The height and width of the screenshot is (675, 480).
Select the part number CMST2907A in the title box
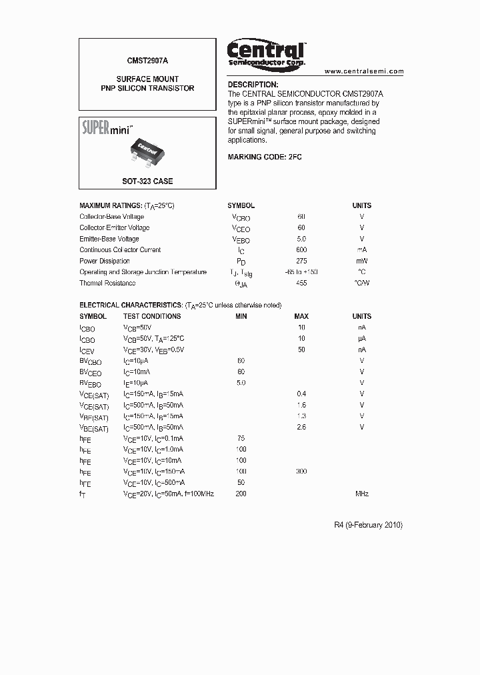coord(147,60)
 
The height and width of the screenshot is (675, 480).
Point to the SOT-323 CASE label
coord(147,181)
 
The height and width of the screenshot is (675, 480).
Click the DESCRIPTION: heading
coord(253,85)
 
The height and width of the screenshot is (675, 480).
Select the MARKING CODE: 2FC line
coord(265,156)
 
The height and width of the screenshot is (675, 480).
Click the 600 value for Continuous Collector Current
coord(301,249)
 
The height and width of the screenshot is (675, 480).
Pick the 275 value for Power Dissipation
coord(301,261)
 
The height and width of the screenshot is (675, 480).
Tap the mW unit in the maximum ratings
coord(361,261)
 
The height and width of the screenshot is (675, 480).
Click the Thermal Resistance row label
coord(107,283)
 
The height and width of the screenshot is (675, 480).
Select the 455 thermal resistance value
coord(301,283)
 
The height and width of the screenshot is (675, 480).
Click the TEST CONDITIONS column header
coord(152,316)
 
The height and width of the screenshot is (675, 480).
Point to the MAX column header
coord(301,316)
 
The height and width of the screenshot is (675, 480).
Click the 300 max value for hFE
coord(301,471)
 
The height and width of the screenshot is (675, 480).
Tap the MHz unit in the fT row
coord(361,494)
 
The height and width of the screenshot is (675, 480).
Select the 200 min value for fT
coord(241,494)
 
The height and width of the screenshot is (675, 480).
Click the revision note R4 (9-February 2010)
coord(368,525)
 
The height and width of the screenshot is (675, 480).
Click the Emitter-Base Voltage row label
coord(109,239)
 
